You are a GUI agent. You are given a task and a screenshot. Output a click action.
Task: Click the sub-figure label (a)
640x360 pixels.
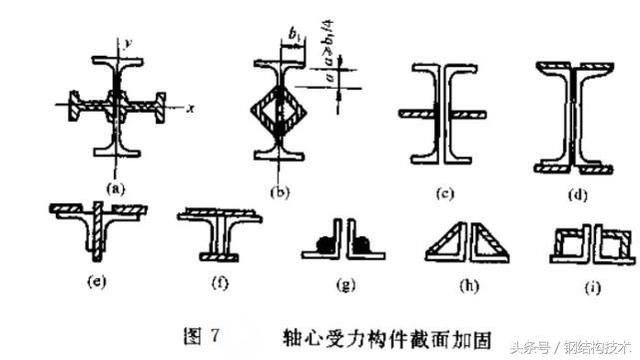pos(116,186)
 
